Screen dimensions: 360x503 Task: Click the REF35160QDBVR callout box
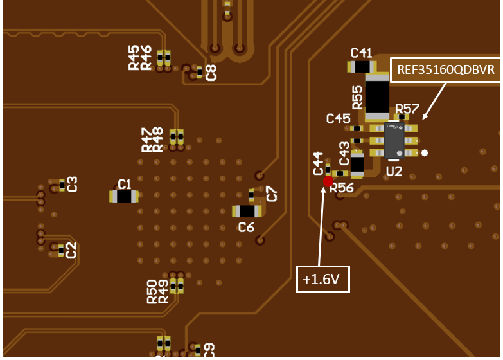tap(446, 70)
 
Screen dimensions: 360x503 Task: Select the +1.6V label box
tap(322, 279)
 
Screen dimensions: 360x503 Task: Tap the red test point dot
tap(328, 182)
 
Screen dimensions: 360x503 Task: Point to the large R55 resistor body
tap(377, 96)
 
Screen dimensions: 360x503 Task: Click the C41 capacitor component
tap(361, 67)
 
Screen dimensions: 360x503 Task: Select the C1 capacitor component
tap(124, 197)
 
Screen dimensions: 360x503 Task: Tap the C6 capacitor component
tap(247, 212)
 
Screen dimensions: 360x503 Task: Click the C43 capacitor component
tap(357, 164)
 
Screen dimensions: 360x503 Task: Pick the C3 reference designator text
tap(73, 184)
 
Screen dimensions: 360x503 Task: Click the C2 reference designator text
tap(72, 249)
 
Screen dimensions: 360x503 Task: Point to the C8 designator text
tap(211, 72)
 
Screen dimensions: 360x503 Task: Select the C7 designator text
tap(272, 193)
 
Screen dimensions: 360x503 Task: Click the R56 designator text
tap(342, 188)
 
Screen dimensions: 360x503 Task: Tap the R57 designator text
tap(407, 108)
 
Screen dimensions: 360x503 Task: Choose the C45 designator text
tap(338, 118)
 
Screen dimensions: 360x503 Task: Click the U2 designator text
tap(394, 171)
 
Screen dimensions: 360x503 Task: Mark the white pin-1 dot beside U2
tap(424, 153)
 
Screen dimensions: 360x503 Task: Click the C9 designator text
tap(209, 350)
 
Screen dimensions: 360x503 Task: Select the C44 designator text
tap(319, 163)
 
